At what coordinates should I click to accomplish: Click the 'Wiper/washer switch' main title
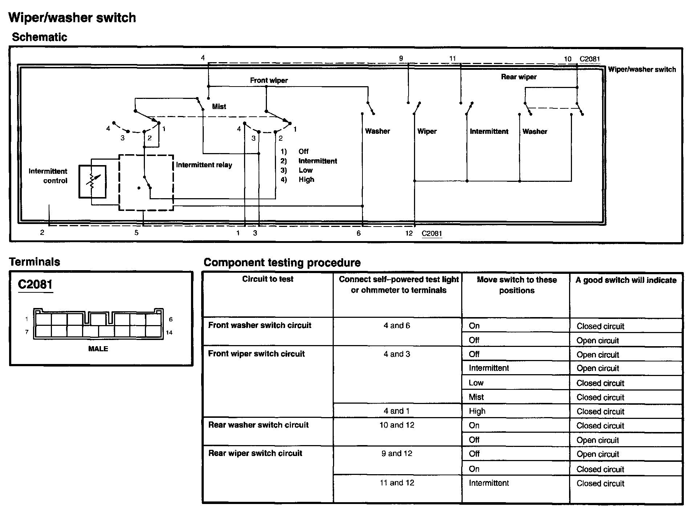(72, 17)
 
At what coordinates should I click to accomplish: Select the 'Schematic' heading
(40, 37)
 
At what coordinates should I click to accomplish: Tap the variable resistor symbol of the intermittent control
(93, 181)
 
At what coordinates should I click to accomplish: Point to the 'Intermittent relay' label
(204, 165)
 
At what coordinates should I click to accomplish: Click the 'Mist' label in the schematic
(219, 107)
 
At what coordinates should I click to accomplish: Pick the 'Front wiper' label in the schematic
(269, 80)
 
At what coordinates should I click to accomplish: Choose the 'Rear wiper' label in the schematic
(519, 77)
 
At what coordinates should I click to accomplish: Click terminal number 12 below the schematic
(409, 233)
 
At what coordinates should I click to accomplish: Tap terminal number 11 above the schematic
(452, 58)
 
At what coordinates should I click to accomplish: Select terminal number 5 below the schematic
(137, 233)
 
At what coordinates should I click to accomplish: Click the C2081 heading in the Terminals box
(35, 284)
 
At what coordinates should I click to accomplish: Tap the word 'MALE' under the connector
(98, 349)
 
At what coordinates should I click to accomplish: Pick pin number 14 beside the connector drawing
(169, 332)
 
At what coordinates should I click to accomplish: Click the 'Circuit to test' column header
(268, 279)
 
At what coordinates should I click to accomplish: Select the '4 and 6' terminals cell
(397, 325)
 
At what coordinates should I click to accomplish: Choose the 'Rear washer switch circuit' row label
(259, 425)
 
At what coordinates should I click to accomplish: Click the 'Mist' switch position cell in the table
(476, 397)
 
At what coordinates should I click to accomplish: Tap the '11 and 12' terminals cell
(397, 483)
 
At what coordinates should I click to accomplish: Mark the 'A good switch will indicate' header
(626, 280)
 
